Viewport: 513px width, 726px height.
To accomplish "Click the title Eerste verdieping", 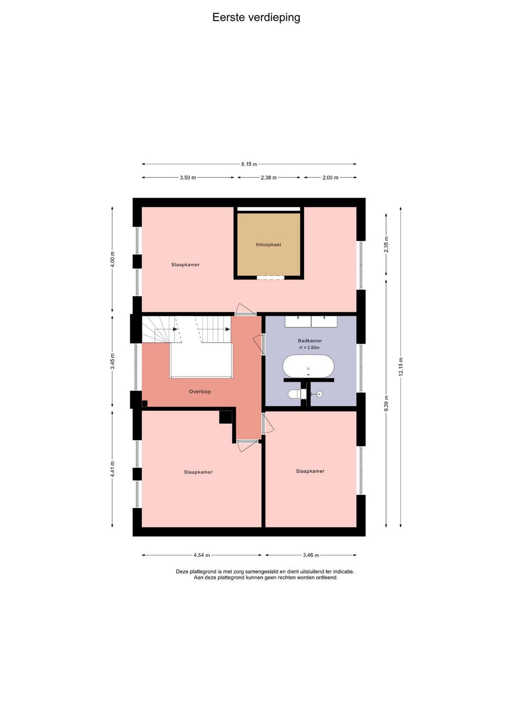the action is [x=256, y=18].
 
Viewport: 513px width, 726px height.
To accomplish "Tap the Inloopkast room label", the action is [x=269, y=245].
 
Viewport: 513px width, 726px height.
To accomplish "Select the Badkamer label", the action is [x=310, y=341].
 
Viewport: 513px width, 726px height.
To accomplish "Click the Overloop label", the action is [x=199, y=392].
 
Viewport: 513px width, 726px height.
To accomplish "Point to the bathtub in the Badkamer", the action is [x=308, y=366].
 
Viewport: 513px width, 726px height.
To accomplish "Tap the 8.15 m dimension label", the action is [x=249, y=164].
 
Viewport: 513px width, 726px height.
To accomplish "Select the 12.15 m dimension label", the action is [x=401, y=366].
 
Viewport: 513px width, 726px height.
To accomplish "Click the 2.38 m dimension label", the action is [x=269, y=177].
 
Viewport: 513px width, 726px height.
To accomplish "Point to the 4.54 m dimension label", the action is [x=202, y=555].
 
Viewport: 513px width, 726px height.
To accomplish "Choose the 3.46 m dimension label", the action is [x=311, y=555].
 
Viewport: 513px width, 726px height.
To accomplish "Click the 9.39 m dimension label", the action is [x=386, y=403].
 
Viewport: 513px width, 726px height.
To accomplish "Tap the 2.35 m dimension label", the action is [x=386, y=245].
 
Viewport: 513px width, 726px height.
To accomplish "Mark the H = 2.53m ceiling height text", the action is [x=309, y=348].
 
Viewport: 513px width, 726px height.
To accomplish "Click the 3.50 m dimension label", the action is [x=188, y=177].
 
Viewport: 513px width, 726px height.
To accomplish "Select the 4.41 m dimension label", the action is [x=112, y=469].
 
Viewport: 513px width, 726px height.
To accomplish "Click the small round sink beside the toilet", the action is [x=318, y=394].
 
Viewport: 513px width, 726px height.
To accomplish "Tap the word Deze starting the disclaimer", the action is [x=182, y=572].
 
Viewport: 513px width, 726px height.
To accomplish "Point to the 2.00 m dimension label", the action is [x=331, y=177].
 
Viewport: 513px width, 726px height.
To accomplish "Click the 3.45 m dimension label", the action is [x=112, y=361].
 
